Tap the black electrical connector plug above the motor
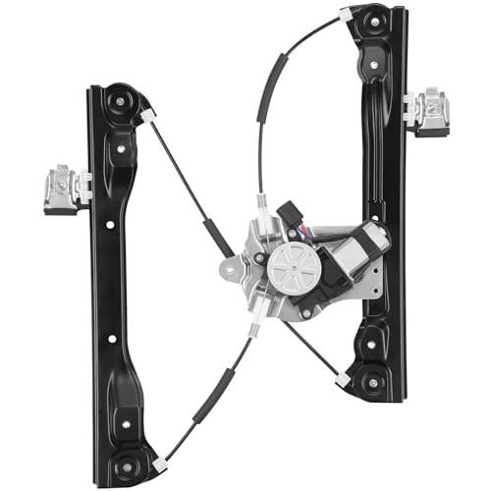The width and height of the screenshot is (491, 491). pos(293,215)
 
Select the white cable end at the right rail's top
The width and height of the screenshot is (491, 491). pos(346,15)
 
